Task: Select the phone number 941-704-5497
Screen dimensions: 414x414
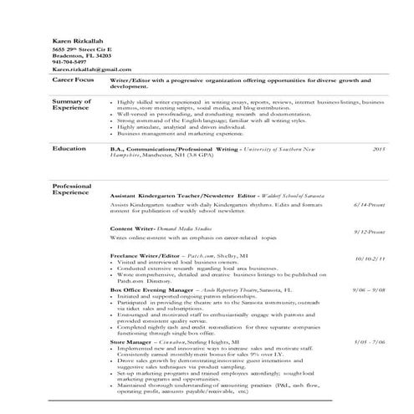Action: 69,62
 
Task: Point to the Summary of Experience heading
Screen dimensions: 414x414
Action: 72,104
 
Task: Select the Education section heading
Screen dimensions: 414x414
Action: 69,148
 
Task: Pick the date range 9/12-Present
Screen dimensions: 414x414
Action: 369,232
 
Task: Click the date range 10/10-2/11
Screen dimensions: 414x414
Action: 369,259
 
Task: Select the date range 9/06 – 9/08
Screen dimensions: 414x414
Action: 369,290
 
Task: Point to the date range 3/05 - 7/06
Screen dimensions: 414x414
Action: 369,342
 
